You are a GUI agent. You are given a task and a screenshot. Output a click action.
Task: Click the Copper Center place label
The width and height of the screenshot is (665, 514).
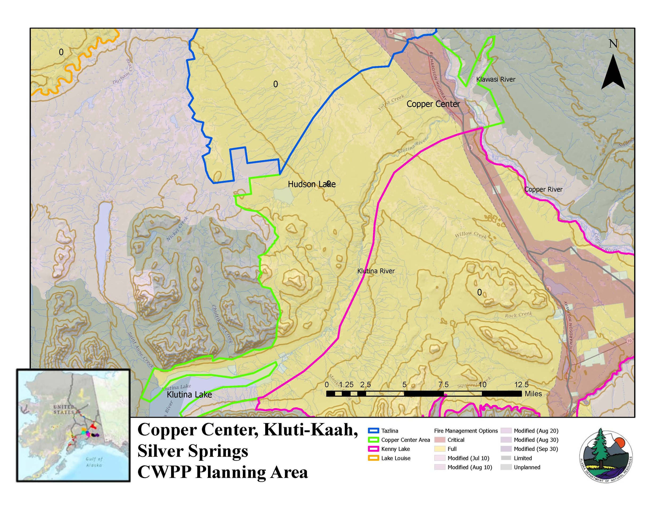coord(433,104)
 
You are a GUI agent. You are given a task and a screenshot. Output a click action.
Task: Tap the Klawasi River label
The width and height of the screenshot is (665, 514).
coord(496,80)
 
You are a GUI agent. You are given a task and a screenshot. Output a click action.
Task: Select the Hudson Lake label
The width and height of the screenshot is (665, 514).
coord(311,184)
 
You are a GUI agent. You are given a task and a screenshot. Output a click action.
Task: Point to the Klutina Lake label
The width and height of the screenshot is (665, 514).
coord(189,395)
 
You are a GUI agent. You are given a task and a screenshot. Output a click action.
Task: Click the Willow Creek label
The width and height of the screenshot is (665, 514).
coord(471,235)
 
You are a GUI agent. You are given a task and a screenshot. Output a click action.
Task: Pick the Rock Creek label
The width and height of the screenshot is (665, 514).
coord(518,314)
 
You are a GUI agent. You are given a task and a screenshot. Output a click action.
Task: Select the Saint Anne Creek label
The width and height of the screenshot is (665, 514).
coord(140,350)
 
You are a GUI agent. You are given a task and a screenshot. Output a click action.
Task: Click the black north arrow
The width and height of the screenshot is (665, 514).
coord(613,73)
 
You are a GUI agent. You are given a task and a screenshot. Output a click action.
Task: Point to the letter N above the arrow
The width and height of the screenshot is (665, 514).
coord(613,44)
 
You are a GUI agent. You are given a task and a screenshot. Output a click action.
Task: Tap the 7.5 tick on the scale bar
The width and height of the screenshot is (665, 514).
coord(443,385)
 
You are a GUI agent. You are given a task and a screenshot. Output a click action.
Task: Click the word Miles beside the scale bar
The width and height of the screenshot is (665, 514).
coord(533,394)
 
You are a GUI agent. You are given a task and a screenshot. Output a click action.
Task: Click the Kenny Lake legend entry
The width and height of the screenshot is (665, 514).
coord(395,449)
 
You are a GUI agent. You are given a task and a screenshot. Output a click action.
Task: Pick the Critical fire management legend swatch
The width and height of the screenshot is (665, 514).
coord(440,440)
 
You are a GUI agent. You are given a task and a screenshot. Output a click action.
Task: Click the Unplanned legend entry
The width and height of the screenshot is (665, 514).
coord(527,467)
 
